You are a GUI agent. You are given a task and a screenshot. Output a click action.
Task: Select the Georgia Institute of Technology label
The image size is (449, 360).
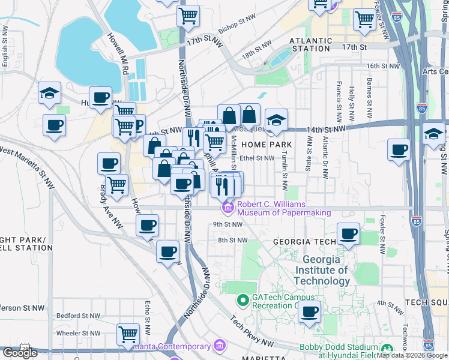coord(325,271)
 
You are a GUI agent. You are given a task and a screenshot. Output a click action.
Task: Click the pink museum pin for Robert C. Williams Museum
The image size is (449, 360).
coord(228,208)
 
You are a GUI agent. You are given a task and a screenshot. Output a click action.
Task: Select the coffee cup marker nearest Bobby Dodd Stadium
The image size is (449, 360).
coord(310,312)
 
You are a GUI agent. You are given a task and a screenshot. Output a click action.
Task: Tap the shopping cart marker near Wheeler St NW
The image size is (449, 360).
coord(128,334)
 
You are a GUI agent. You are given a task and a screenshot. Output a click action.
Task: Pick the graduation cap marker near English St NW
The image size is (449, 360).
coord(49,94)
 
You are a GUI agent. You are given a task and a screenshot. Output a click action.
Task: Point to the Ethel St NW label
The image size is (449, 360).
coord(256,158)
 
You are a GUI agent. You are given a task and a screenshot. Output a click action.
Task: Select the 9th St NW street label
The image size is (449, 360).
coord(228,224)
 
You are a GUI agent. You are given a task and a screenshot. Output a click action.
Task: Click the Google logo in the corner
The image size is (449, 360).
coord(20,353)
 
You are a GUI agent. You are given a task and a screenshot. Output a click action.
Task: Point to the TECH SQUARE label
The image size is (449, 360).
coord(426,302)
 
